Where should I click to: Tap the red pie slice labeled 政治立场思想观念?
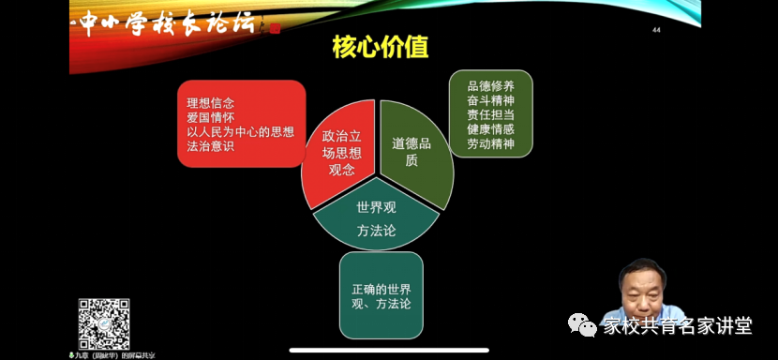coord(338,156)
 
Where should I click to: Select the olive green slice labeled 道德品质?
coord(412,152)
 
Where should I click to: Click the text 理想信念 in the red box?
coord(210,103)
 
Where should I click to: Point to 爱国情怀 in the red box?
coord(210,118)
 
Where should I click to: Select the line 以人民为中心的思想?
coord(239,132)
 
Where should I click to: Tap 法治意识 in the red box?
coord(210,147)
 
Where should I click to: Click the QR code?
coord(103,324)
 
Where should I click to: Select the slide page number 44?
coord(656,30)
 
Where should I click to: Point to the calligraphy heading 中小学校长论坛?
coord(165,24)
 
